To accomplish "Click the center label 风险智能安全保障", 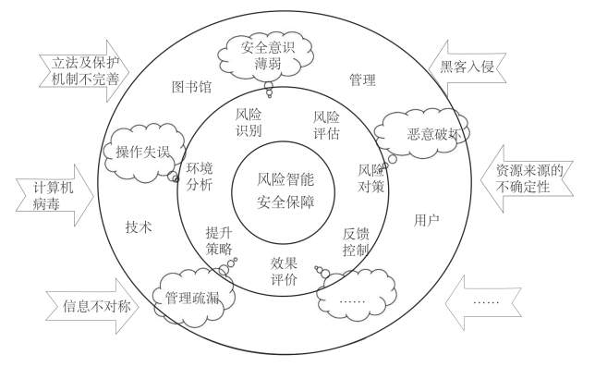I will pyautogui.click(x=285, y=189).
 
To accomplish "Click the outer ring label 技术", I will pyautogui.click(x=139, y=225).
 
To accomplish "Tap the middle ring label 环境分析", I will pyautogui.click(x=200, y=176).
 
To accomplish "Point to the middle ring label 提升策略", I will pyautogui.click(x=219, y=241).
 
